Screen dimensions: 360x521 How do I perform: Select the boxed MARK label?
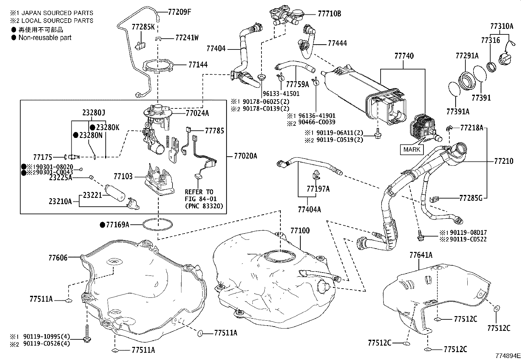point(412,149)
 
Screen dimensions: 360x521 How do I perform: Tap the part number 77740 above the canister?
point(404,56)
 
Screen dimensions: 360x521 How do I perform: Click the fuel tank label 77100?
point(300,231)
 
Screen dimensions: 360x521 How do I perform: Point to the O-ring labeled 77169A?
point(158,225)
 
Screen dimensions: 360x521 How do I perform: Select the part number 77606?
point(58,258)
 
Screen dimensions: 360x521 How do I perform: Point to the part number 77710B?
point(329,14)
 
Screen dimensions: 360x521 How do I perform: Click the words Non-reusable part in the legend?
point(45,37)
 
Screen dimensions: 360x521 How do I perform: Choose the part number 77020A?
point(245,156)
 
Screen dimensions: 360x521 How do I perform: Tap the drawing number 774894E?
point(507,356)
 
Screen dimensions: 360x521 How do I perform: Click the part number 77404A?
point(309,209)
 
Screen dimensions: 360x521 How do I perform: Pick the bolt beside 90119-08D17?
point(420,235)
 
